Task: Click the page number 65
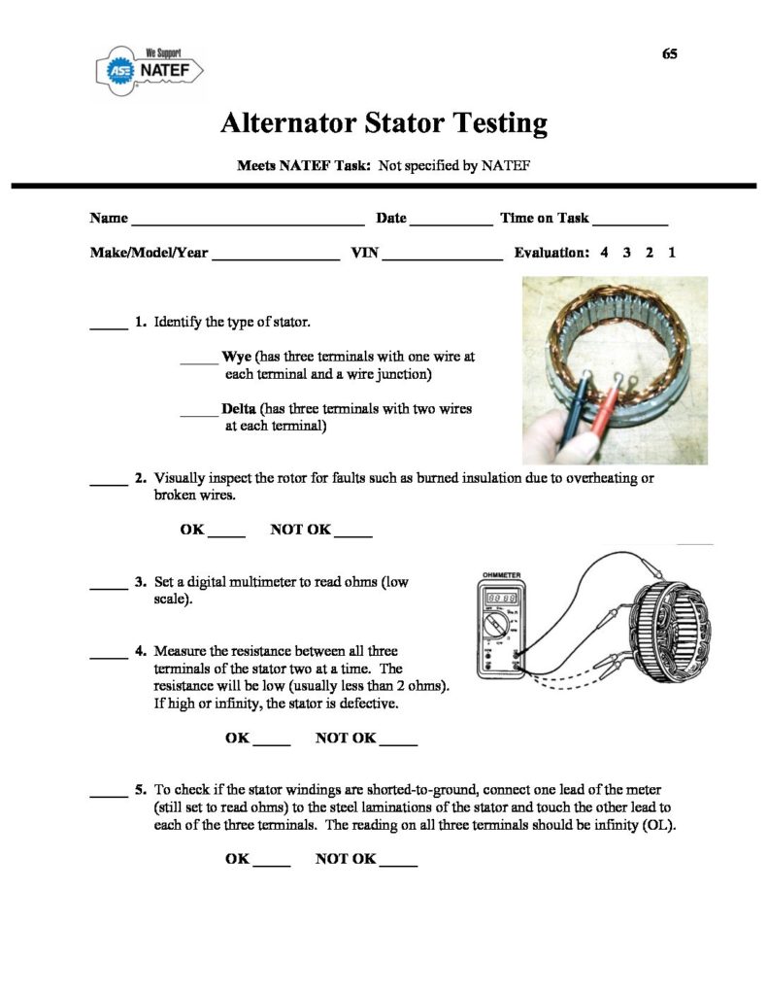(669, 53)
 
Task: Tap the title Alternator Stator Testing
(384, 123)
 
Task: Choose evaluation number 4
(604, 253)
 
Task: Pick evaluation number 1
(672, 253)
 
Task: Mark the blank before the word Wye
(199, 360)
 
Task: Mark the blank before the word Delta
(199, 413)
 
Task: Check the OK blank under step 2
(227, 533)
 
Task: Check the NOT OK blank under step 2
(353, 533)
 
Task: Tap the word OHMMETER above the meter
(503, 575)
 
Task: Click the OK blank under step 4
(272, 742)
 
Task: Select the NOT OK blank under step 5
(398, 863)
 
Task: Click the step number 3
(141, 583)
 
